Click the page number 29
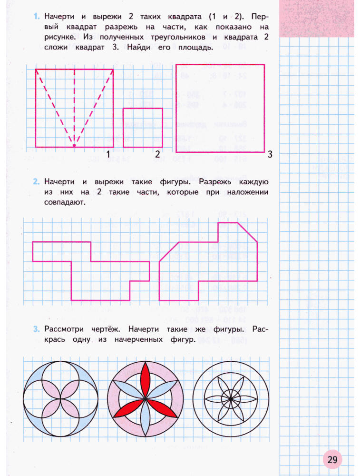tap(332, 459)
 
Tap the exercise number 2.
tap(36, 182)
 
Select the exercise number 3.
tap(36, 328)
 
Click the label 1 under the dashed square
tap(108, 154)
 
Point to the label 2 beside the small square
tap(157, 154)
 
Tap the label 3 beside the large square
tap(270, 154)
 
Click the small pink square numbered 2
tap(143, 128)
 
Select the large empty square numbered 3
tap(220, 108)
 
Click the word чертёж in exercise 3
tap(105, 329)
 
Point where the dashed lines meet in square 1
tap(74, 143)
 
